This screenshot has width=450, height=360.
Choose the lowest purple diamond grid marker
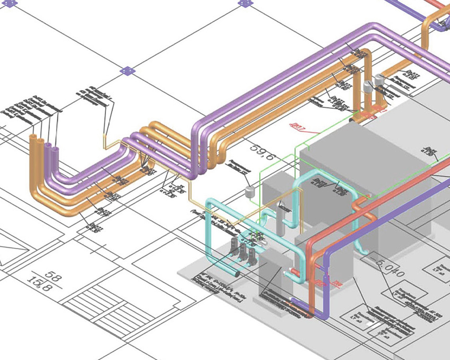pyautogui.click(x=127, y=71)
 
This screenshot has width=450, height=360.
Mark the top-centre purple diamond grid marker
pyautogui.click(x=246, y=3)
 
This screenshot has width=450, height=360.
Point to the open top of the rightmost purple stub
pyautogui.click(x=55, y=150)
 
